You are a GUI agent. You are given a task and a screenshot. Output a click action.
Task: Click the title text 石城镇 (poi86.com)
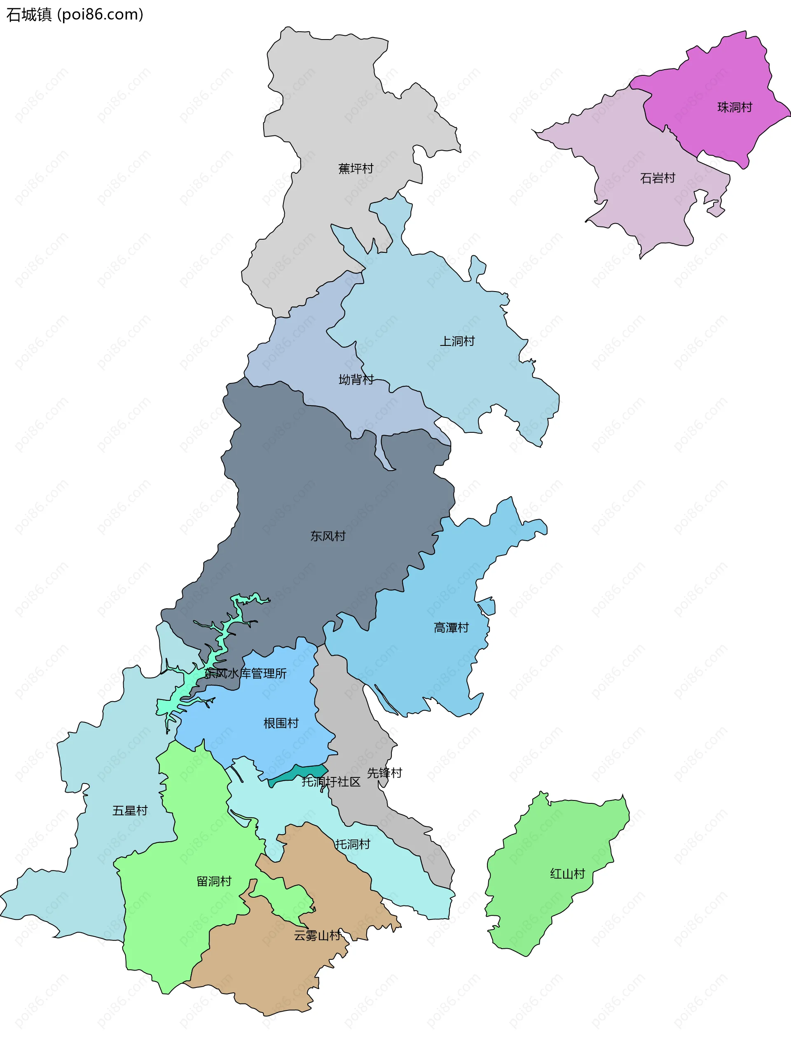tap(75, 14)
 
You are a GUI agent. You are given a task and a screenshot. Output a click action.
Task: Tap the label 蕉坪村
tap(356, 168)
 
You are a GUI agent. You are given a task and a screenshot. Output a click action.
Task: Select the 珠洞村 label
tap(735, 107)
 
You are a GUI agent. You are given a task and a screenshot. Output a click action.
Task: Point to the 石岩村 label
tap(658, 178)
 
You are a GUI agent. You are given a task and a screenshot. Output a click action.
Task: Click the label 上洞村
tap(457, 341)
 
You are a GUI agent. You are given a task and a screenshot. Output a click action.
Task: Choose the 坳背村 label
tap(356, 380)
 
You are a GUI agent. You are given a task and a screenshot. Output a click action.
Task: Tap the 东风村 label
tap(328, 536)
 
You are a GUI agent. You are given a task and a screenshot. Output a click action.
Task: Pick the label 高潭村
tap(452, 628)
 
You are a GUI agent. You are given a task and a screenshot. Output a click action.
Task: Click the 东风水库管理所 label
tap(245, 673)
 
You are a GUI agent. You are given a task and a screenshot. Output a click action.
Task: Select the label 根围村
tap(281, 723)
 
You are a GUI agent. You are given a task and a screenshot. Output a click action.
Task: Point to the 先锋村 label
tap(384, 773)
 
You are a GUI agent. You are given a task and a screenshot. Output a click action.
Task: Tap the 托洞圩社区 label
tap(331, 782)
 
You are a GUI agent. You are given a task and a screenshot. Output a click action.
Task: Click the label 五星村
tap(130, 810)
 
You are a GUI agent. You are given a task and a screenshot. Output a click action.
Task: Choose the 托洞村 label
tap(353, 844)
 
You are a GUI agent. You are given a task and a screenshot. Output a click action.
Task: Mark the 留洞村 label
tap(214, 881)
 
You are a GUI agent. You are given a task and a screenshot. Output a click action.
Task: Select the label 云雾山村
tap(317, 936)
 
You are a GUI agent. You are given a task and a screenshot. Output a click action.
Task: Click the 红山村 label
tap(567, 874)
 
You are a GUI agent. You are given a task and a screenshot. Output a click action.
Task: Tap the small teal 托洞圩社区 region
tap(302, 773)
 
